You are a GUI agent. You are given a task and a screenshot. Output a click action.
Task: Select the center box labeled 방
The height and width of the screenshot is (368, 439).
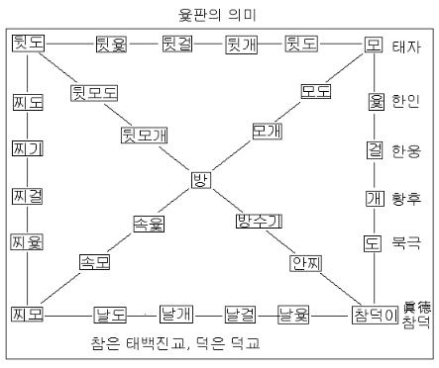(201, 180)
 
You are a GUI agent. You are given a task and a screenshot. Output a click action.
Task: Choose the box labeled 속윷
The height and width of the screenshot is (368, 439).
(149, 223)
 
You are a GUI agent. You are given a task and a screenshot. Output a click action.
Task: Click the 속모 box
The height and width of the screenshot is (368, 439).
(95, 261)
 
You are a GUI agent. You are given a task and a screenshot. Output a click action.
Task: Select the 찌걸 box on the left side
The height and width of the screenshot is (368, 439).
(28, 196)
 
